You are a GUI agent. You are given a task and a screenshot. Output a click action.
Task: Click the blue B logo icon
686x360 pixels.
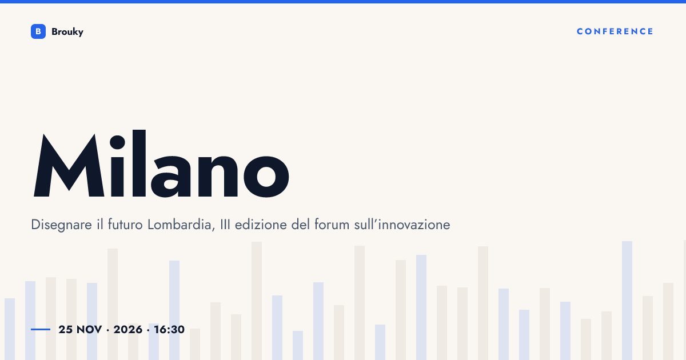(x=38, y=31)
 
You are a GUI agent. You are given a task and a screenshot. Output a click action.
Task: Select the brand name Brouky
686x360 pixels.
(x=67, y=32)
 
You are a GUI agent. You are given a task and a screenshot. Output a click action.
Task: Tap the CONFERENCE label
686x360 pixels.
(x=615, y=31)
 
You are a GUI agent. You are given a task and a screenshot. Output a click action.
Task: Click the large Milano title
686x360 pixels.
(x=161, y=163)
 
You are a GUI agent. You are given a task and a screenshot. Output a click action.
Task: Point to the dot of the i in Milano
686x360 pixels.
(x=117, y=142)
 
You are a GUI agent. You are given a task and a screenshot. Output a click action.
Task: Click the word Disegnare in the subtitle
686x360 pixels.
(x=61, y=225)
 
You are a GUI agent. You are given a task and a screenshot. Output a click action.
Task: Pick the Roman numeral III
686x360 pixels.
(x=225, y=225)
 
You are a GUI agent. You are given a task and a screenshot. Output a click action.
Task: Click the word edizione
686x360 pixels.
(x=261, y=225)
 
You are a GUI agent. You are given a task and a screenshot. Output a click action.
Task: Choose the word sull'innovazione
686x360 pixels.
(x=402, y=225)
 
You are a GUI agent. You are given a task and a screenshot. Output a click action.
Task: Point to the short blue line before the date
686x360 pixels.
(x=41, y=329)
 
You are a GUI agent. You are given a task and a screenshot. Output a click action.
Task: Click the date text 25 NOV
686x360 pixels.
(x=80, y=330)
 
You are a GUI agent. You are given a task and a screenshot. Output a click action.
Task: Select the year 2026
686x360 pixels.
(x=128, y=330)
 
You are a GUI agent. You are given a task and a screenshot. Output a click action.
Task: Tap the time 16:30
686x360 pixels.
(x=169, y=330)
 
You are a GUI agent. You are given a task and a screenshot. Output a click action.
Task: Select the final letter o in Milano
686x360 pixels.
(x=266, y=177)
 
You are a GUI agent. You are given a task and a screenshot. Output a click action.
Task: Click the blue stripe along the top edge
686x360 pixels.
(x=343, y=2)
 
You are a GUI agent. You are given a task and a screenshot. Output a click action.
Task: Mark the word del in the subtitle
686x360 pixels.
(x=301, y=225)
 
